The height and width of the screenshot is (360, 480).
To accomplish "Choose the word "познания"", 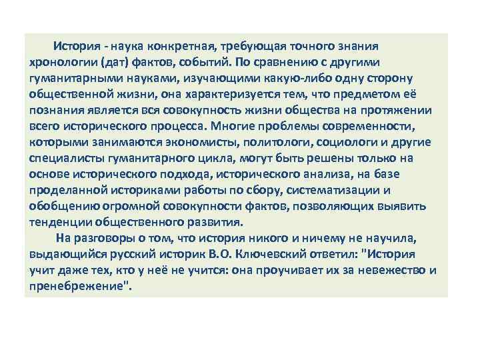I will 55,111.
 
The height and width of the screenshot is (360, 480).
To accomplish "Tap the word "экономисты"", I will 207,142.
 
